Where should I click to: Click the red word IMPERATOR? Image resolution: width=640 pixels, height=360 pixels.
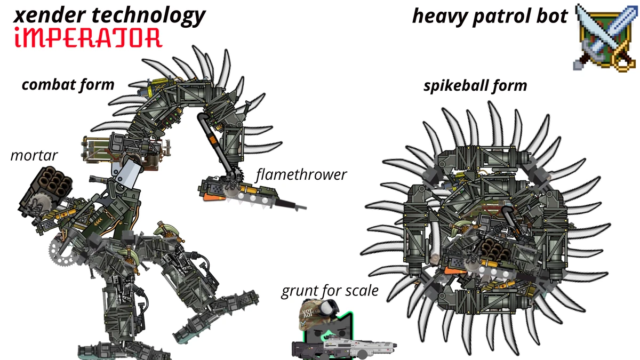point(89,37)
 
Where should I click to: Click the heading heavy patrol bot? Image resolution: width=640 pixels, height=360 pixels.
point(490,17)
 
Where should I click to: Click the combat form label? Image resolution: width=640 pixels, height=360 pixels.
point(68,85)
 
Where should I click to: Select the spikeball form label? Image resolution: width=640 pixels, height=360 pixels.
point(475,86)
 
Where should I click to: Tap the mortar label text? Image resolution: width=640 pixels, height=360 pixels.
point(34,156)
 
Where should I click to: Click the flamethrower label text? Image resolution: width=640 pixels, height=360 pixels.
point(301,174)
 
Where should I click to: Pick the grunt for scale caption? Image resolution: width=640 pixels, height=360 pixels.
point(330,291)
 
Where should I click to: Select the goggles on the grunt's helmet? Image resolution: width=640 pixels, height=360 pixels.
point(329,307)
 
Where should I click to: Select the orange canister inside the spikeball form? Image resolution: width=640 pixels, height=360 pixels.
point(455,270)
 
